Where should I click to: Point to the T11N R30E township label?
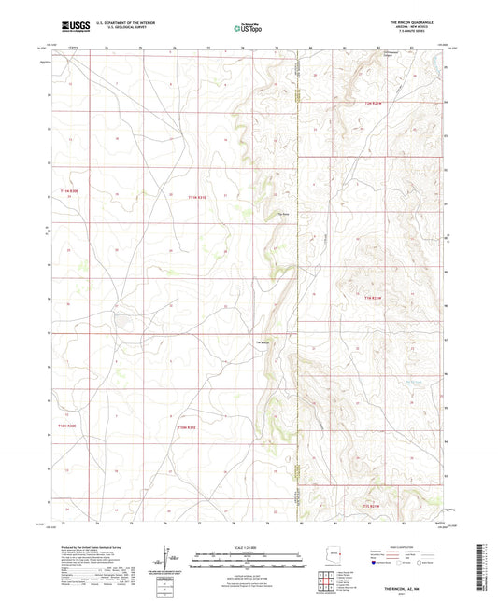70,190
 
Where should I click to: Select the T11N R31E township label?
195,197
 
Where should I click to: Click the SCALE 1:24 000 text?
248,546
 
